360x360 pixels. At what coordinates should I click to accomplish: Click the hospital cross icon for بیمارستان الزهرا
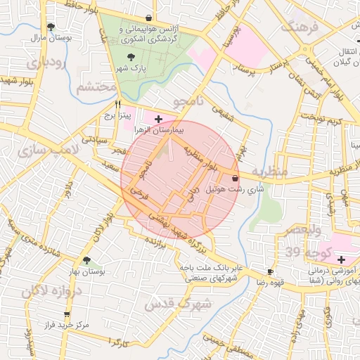point(158,120)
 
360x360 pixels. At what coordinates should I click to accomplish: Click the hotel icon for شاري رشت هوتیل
point(234,179)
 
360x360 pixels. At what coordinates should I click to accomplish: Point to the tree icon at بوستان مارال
point(51,27)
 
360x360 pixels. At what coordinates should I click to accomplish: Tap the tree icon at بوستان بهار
point(87,261)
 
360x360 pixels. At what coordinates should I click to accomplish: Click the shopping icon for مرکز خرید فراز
point(67,315)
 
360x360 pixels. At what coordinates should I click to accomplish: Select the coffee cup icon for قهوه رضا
point(270,272)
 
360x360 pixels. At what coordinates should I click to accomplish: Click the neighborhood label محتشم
point(95,87)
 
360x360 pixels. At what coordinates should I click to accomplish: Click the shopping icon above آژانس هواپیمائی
point(148,18)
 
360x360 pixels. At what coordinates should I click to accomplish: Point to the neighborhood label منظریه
point(270,172)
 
